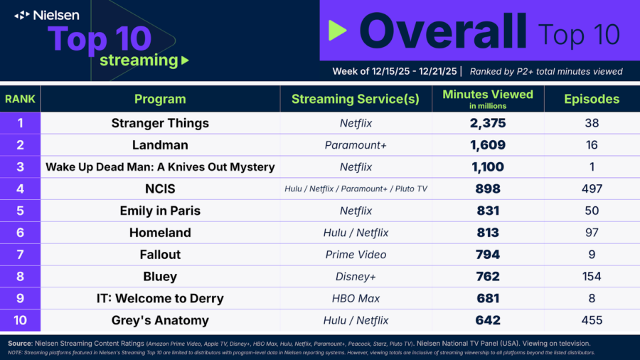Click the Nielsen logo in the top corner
(x=46, y=16)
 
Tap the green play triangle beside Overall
(x=338, y=30)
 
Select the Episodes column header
(x=592, y=99)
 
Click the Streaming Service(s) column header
(x=355, y=99)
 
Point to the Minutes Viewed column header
(x=488, y=99)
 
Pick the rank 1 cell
(x=20, y=123)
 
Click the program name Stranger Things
(x=160, y=123)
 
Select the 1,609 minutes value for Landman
(x=488, y=145)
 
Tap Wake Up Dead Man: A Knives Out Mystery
(x=160, y=167)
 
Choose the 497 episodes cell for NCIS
(x=592, y=189)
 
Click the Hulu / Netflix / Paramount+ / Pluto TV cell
(x=356, y=189)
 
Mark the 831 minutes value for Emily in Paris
(x=488, y=211)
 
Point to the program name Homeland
(x=160, y=233)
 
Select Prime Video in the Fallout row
(x=356, y=255)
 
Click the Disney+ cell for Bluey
(x=356, y=277)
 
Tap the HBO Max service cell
(x=356, y=298)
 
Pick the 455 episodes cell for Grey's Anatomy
(x=592, y=320)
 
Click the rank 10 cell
(x=20, y=320)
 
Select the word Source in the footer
(x=20, y=344)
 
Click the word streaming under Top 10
(x=139, y=60)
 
